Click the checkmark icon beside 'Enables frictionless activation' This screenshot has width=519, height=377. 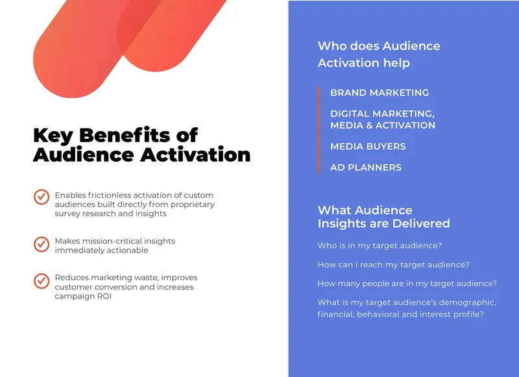[x=42, y=197]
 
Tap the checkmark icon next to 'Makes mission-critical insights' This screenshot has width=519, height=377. [x=42, y=244]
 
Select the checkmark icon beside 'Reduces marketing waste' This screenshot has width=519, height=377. [x=42, y=281]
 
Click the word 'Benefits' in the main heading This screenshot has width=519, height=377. [x=125, y=135]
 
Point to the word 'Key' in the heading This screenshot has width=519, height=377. [x=53, y=136]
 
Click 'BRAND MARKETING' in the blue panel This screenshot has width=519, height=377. [x=380, y=93]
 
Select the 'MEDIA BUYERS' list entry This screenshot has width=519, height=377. [x=368, y=146]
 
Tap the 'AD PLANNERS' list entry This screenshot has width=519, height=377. [x=366, y=167]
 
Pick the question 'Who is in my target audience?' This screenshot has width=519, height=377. [x=380, y=245]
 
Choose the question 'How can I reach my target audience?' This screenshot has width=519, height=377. [x=393, y=265]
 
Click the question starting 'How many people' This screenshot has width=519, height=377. [x=407, y=284]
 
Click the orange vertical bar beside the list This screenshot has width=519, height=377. [x=319, y=130]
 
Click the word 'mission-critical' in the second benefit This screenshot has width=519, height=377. [x=115, y=241]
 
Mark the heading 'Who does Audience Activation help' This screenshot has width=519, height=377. [x=379, y=55]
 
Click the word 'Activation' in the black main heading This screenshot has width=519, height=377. [x=195, y=154]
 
